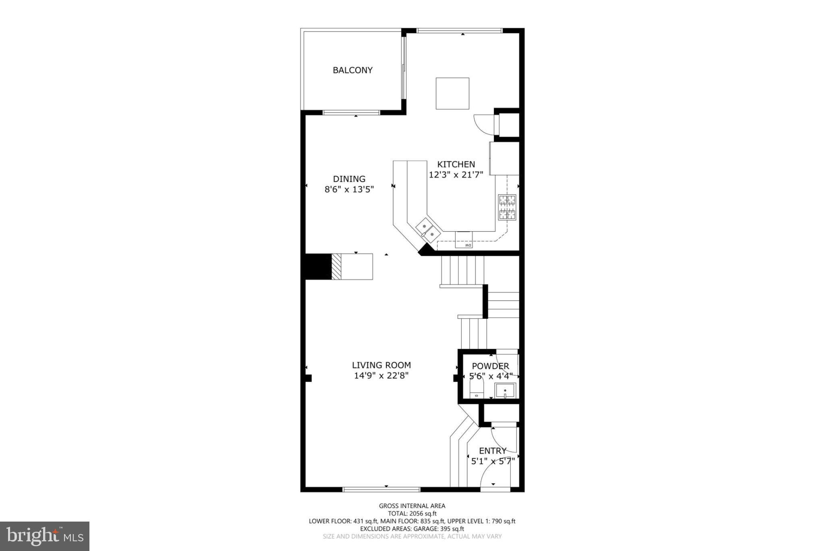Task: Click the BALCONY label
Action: pos(352,70)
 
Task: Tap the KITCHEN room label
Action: pos(456,164)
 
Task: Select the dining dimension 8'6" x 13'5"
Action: pos(349,189)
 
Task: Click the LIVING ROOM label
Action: pos(381,365)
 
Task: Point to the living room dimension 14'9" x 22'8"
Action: pos(381,376)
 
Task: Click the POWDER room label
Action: pos(490,366)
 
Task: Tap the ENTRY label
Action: pos(492,451)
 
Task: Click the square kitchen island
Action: pos(452,94)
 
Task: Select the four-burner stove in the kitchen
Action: pos(507,207)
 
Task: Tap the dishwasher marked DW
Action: pos(464,240)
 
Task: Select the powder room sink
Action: pos(505,391)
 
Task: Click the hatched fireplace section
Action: pos(336,266)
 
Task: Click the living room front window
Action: pos(381,489)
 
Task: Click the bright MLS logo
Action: pos(45,536)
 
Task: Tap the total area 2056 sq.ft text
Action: pos(412,514)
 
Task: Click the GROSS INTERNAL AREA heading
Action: pos(412,506)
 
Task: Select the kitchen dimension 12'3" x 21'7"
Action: pos(456,175)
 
